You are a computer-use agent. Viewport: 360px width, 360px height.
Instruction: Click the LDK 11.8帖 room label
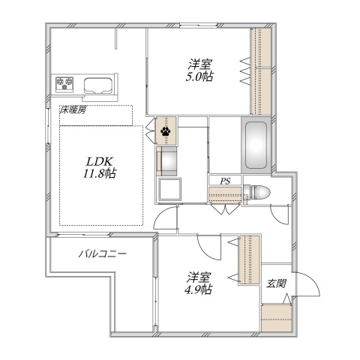(100, 167)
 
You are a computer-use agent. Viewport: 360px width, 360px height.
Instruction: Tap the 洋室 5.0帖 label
(199, 70)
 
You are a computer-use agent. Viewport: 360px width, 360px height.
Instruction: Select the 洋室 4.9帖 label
(199, 283)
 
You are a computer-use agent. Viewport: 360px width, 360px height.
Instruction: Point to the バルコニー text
(103, 254)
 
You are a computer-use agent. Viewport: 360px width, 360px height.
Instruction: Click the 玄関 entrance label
(276, 283)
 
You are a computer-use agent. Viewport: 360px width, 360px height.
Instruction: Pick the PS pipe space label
(225, 181)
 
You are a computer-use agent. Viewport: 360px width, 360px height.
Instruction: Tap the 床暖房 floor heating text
(73, 110)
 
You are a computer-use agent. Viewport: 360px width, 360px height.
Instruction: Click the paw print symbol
(166, 131)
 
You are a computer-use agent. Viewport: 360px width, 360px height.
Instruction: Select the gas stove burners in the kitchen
(64, 84)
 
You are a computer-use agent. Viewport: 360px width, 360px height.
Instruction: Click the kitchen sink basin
(97, 85)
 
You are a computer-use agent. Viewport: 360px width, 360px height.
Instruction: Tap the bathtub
(256, 145)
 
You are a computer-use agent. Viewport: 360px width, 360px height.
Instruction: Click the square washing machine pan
(170, 189)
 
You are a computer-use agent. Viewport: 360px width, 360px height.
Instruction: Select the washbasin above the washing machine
(166, 161)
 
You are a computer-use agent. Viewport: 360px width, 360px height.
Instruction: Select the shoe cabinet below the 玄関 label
(277, 318)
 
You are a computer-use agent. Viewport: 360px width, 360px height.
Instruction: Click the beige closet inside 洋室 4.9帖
(249, 259)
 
